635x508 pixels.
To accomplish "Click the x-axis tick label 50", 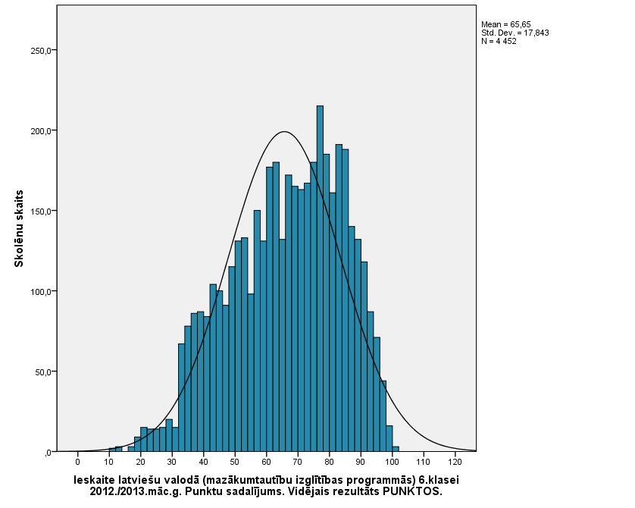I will tap(235, 462).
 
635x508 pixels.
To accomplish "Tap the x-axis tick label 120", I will tap(455, 462).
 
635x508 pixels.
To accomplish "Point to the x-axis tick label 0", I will tap(77, 462).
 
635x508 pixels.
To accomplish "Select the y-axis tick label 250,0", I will tap(37, 51).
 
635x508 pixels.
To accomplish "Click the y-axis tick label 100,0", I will tap(37, 291).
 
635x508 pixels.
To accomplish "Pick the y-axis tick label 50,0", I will tap(39, 372).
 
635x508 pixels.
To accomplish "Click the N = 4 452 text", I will tap(499, 41).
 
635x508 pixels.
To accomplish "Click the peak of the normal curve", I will tap(284, 132).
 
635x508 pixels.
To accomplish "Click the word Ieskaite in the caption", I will tap(95, 480).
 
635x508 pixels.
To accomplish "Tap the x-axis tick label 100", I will tap(392, 462).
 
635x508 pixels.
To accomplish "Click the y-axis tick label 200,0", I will tap(37, 130).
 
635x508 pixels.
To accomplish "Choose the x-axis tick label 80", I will tap(329, 462).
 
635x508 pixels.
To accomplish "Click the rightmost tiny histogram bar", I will tap(396, 449).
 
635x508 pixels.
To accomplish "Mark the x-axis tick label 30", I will tap(172, 462).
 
